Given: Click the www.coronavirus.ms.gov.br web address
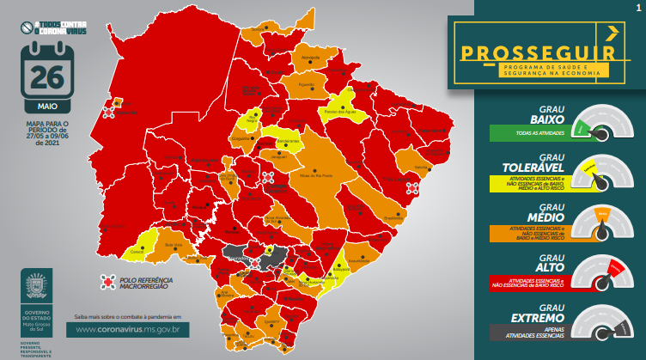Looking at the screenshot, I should click(x=128, y=328).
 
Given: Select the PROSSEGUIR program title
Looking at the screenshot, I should click(x=539, y=52).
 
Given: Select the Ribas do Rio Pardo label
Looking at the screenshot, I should click(x=315, y=174).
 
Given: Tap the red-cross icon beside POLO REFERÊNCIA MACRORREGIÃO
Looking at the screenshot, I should click(x=107, y=281).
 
